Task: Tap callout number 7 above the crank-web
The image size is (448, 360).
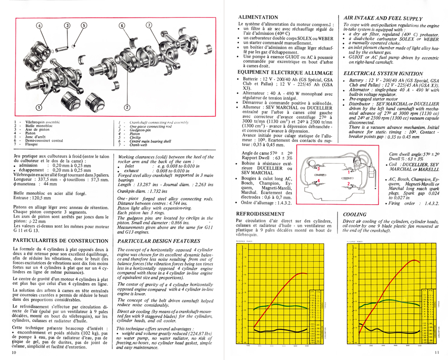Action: (149, 26)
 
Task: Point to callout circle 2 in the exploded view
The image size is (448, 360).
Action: (127, 107)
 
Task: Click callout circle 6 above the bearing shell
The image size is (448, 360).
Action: (121, 26)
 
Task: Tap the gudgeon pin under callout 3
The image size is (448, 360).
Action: (67, 44)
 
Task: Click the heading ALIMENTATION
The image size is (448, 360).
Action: (258, 17)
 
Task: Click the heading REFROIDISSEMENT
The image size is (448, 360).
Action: (261, 214)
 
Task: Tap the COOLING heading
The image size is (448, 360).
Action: (355, 214)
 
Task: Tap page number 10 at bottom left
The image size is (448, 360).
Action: (14, 353)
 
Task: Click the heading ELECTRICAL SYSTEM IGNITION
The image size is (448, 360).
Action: (383, 73)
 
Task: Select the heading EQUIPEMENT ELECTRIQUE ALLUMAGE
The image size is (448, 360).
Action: (285, 73)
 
